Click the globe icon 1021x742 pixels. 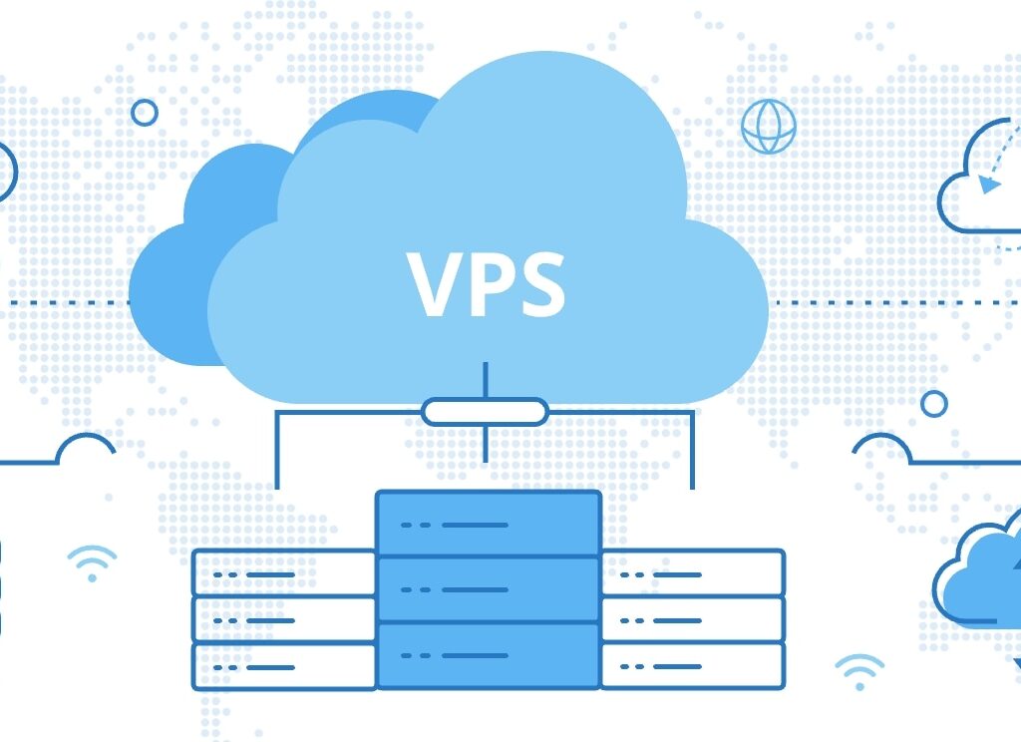[768, 126]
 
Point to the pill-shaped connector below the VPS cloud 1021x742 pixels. [485, 411]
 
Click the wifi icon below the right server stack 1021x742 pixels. [858, 671]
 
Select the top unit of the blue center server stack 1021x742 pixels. [488, 523]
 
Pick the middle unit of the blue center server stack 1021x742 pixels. [488, 588]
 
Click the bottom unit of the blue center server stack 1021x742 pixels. [488, 654]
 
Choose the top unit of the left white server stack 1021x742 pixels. [283, 573]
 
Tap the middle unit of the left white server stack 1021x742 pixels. [283, 619]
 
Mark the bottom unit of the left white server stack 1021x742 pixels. [283, 665]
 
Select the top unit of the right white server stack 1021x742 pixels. [692, 573]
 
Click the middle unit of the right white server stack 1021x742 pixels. [692, 619]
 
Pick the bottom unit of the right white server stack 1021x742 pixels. [692, 665]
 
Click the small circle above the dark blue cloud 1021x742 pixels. [145, 113]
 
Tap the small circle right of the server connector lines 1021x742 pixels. [934, 403]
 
